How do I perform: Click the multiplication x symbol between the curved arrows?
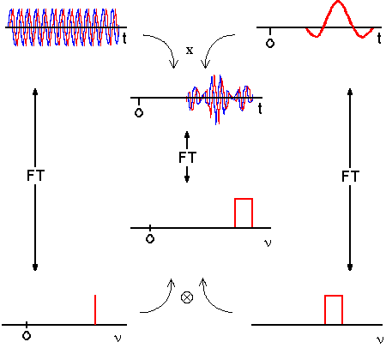190,51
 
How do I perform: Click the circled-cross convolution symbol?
187,297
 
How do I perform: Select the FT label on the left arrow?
35,175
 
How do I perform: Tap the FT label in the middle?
187,158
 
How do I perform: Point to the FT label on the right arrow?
350,176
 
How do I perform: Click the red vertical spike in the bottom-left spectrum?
95,309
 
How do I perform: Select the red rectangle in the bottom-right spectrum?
334,296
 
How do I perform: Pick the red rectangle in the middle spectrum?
244,199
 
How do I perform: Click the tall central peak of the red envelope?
338,3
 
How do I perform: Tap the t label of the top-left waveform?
124,39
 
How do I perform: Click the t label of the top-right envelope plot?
379,39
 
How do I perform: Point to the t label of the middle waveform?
260,109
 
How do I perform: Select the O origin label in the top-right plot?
270,43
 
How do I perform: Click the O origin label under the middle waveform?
139,112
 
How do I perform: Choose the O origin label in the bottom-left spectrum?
27,335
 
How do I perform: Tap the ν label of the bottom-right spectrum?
379,339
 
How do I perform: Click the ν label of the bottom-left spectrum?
118,338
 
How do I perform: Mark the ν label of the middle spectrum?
268,243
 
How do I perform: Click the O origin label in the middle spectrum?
150,238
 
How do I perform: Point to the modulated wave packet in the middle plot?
220,99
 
